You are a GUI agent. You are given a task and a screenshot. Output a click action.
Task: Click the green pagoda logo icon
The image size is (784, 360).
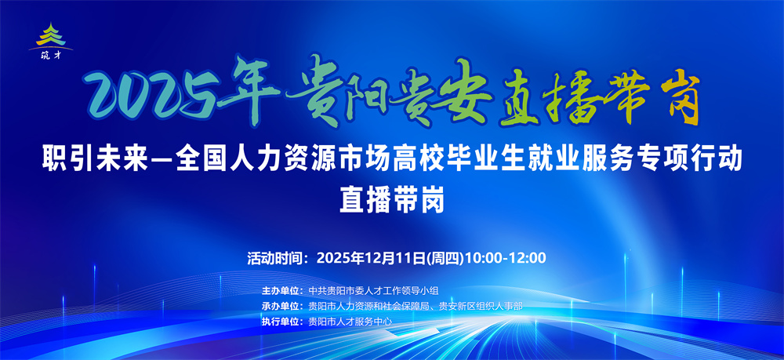pyautogui.click(x=50, y=36)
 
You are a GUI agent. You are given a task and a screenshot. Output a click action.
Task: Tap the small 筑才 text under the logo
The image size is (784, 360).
pyautogui.click(x=50, y=55)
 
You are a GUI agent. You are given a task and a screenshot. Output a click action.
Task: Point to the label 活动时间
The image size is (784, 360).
pyautogui.click(x=277, y=258)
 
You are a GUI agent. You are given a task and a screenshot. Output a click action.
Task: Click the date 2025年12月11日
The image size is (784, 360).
pyautogui.click(x=371, y=258)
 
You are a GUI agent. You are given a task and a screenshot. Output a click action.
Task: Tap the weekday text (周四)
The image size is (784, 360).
pyautogui.click(x=445, y=258)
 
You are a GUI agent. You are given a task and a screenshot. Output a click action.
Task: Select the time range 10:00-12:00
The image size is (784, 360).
pyautogui.click(x=506, y=258)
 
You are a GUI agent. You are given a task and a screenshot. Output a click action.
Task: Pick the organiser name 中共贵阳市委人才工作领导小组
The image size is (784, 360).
pyautogui.click(x=373, y=290)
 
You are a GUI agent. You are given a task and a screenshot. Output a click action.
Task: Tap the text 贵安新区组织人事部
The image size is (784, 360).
pyautogui.click(x=481, y=306)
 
